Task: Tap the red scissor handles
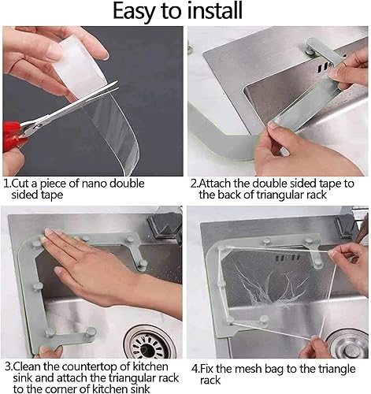[13, 135]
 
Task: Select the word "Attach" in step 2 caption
[214, 184]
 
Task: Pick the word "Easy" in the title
[132, 11]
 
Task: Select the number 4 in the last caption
[195, 369]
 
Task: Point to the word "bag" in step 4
[274, 370]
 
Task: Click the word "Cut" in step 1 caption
[20, 184]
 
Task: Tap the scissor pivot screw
[35, 128]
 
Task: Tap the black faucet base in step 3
[164, 225]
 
